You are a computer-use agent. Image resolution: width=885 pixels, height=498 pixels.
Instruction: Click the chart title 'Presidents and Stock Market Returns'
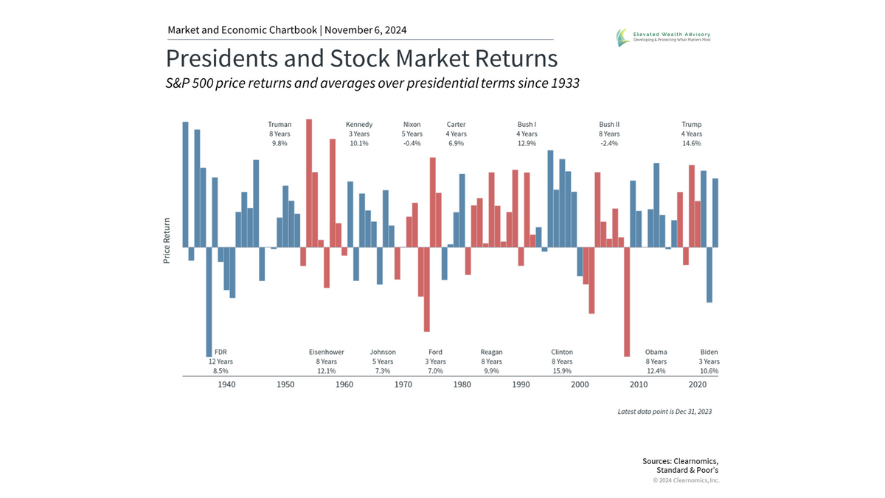tap(361, 58)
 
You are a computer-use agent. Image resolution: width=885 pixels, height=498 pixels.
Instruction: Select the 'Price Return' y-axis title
tap(167, 241)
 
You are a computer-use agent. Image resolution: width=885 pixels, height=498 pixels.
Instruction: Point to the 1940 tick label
tap(226, 384)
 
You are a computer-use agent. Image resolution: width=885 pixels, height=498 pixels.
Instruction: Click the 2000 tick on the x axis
tap(580, 384)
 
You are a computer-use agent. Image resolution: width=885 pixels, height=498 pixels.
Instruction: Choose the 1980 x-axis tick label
tap(462, 384)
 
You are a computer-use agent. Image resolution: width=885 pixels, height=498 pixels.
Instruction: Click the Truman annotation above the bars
tap(280, 125)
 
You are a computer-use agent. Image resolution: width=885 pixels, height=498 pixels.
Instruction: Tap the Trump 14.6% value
tap(692, 144)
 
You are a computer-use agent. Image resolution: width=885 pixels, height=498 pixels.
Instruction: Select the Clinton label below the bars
tap(562, 352)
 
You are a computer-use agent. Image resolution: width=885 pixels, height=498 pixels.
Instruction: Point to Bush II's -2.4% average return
tap(609, 144)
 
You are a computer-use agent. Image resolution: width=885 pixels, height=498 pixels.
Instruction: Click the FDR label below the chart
tap(221, 352)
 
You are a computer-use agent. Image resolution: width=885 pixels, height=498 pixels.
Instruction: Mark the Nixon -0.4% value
tap(412, 144)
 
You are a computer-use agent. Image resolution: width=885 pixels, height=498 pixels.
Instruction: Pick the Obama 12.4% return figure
tap(656, 371)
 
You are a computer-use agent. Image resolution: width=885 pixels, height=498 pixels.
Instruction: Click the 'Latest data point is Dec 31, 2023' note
tap(664, 411)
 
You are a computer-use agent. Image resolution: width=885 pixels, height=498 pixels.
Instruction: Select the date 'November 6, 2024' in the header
tap(365, 30)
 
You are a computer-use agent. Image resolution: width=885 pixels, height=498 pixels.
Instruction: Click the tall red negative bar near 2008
tap(627, 302)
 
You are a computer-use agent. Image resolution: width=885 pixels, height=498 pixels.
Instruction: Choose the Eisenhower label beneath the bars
tap(327, 352)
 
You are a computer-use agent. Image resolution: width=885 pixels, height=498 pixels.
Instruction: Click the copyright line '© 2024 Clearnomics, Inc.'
tap(686, 480)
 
